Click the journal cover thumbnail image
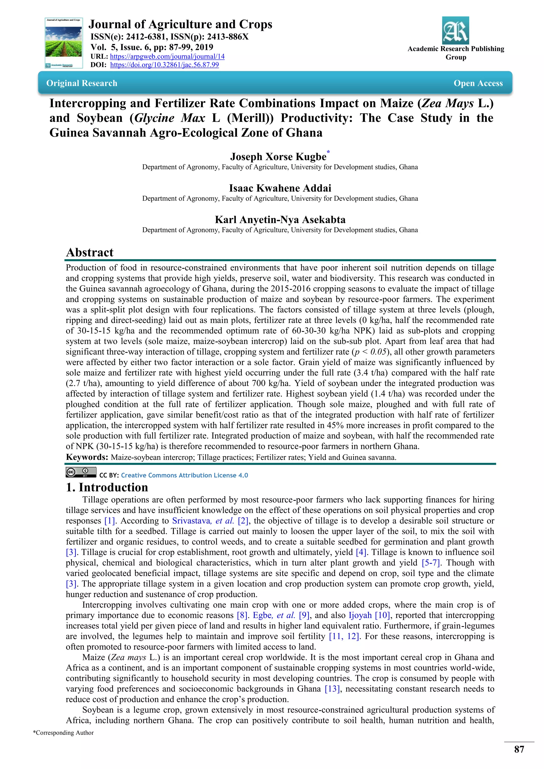[x=64, y=43]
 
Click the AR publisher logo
[x=455, y=31]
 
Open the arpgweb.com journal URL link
[x=167, y=56]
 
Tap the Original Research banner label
[x=82, y=83]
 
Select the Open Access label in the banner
[x=478, y=83]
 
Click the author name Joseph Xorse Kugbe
[x=278, y=157]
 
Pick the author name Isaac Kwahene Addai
[x=280, y=188]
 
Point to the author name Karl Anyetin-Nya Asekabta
[x=280, y=219]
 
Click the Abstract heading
[x=90, y=252]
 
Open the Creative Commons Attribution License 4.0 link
[x=184, y=475]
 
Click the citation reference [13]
[x=332, y=689]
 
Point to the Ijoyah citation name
[x=360, y=615]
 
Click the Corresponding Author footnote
[x=63, y=733]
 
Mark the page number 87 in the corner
[x=519, y=749]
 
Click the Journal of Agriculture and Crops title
[x=180, y=24]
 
